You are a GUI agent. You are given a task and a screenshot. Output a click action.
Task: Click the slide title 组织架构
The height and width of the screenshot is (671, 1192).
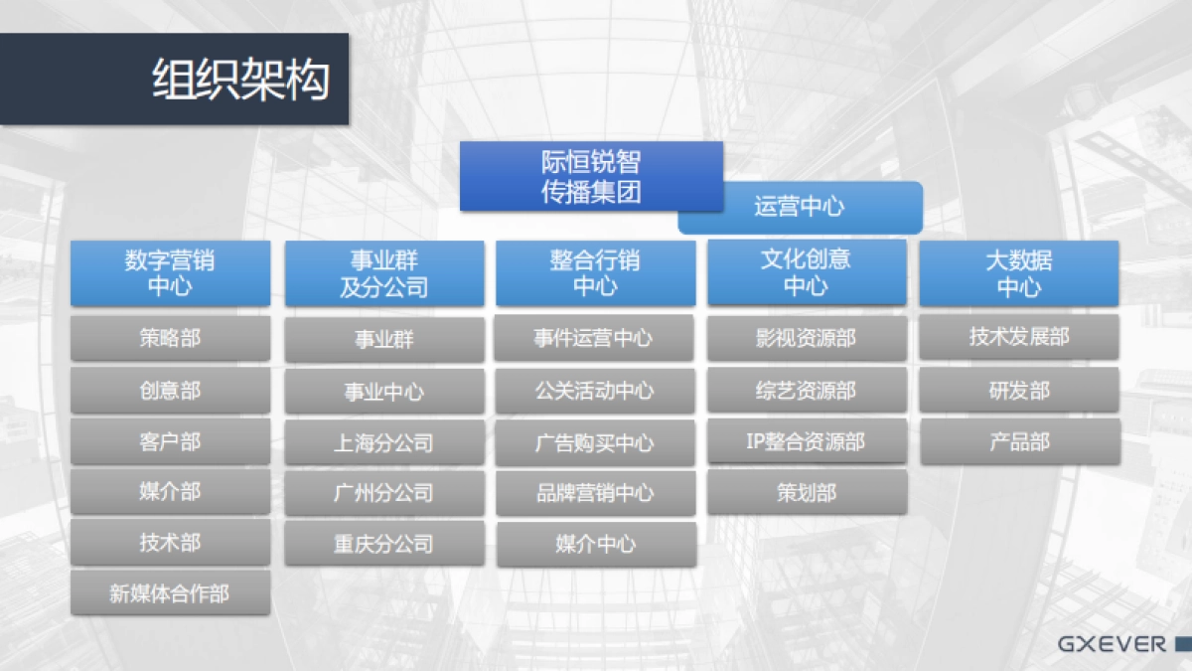pyautogui.click(x=240, y=80)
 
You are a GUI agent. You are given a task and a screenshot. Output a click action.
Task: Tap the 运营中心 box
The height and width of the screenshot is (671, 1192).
pyautogui.click(x=800, y=207)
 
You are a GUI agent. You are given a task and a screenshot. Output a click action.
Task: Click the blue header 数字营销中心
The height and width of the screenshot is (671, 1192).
pyautogui.click(x=170, y=273)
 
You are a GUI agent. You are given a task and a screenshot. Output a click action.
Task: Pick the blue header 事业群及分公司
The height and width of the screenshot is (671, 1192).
pyautogui.click(x=384, y=273)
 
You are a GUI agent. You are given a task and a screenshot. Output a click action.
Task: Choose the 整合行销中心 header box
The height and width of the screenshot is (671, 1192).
pyautogui.click(x=595, y=273)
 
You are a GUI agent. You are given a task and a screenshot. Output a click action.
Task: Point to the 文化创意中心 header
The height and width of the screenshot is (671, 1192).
pyautogui.click(x=806, y=272)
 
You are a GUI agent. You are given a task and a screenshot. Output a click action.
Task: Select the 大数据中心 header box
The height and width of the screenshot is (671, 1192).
pyautogui.click(x=1018, y=273)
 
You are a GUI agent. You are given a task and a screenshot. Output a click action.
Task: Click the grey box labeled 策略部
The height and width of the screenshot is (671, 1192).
pyautogui.click(x=170, y=338)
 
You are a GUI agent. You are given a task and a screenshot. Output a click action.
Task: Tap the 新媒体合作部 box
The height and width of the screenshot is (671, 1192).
pyautogui.click(x=170, y=593)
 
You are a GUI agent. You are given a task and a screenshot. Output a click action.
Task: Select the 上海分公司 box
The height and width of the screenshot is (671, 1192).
pyautogui.click(x=384, y=442)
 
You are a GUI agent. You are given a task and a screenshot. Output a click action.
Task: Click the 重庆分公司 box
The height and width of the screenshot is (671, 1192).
pyautogui.click(x=384, y=544)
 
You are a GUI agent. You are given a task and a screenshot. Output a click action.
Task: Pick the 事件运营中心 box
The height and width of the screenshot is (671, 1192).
pyautogui.click(x=595, y=338)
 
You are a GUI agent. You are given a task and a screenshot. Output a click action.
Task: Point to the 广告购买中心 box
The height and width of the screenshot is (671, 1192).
pyautogui.click(x=595, y=442)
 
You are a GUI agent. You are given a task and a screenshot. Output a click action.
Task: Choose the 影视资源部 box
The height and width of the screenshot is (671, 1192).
pyautogui.click(x=806, y=338)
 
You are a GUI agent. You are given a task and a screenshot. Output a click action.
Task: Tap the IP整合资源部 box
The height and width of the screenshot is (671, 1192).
pyautogui.click(x=806, y=441)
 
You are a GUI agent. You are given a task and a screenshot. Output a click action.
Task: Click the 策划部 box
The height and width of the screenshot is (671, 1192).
pyautogui.click(x=806, y=492)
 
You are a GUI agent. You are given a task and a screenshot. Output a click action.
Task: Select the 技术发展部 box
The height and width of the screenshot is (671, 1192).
pyautogui.click(x=1018, y=337)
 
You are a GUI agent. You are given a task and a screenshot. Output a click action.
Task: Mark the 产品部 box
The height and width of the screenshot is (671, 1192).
pyautogui.click(x=1018, y=441)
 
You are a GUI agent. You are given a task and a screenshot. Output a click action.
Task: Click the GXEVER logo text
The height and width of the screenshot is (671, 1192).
pyautogui.click(x=1112, y=644)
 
